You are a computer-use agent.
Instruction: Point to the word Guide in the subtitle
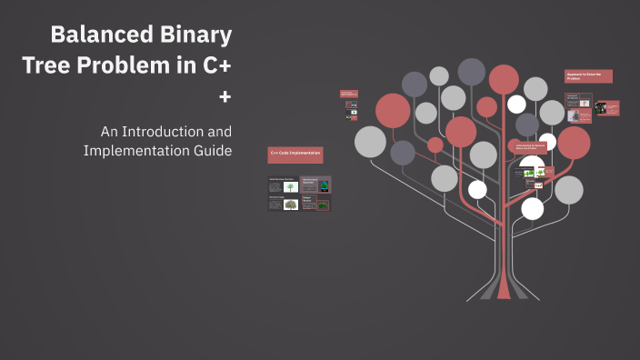coord(210,150)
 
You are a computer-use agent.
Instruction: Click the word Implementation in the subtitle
coord(133,150)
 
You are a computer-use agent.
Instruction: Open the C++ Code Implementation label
coord(295,155)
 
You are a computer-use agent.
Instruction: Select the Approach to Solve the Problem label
coord(588,76)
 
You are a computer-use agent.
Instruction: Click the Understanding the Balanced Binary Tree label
coord(531,146)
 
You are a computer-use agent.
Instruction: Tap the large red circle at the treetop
coord(504,79)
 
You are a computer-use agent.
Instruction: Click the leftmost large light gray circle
coord(370,141)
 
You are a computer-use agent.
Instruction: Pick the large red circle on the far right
coord(574,143)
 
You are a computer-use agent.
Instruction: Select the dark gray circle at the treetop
coord(471,71)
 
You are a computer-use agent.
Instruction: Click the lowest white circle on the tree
coord(533,208)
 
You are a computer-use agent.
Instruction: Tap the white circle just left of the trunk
coord(477,189)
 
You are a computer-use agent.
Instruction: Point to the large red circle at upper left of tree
coord(393,110)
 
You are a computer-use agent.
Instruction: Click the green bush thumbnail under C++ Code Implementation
coord(290,205)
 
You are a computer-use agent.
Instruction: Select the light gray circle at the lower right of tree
coord(569,189)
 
